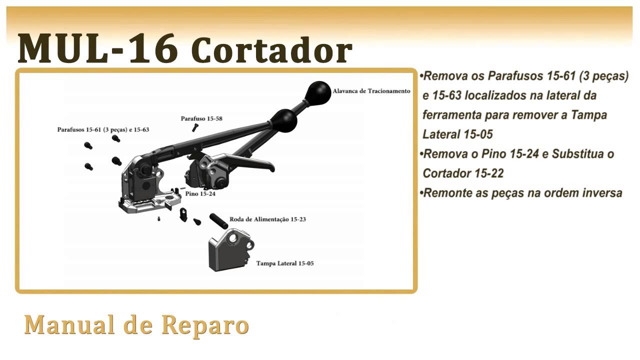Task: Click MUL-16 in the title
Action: (97, 48)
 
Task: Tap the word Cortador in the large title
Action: (271, 50)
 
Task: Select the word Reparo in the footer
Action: (205, 325)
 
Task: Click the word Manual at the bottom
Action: (70, 325)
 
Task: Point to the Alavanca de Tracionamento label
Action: (371, 91)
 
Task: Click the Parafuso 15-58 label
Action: (201, 118)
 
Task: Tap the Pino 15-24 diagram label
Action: (200, 193)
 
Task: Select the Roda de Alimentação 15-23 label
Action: (267, 219)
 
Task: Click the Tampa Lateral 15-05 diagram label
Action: (285, 263)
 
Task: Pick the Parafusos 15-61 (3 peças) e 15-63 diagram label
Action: (103, 129)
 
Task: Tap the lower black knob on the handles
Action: (284, 120)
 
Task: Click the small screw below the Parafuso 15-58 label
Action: (195, 128)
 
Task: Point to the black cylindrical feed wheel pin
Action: (218, 220)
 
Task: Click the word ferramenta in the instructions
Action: (451, 115)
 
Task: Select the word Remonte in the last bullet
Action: (445, 193)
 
